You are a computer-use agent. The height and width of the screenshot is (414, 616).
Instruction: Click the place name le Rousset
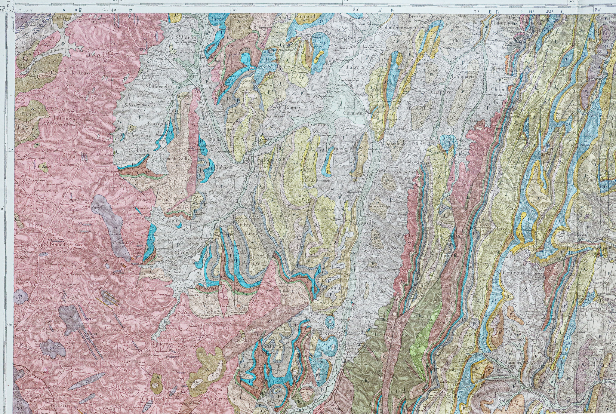pos(82,73)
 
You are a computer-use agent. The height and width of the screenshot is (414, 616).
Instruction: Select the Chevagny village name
pos(139,136)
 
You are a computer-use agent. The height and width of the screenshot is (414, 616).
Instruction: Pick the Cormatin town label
pos(354,113)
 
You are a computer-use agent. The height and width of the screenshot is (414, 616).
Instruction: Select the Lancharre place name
pos(464,76)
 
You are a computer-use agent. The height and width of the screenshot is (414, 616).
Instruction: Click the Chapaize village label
pos(441,92)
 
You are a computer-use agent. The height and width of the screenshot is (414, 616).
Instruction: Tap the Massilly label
pos(365,223)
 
